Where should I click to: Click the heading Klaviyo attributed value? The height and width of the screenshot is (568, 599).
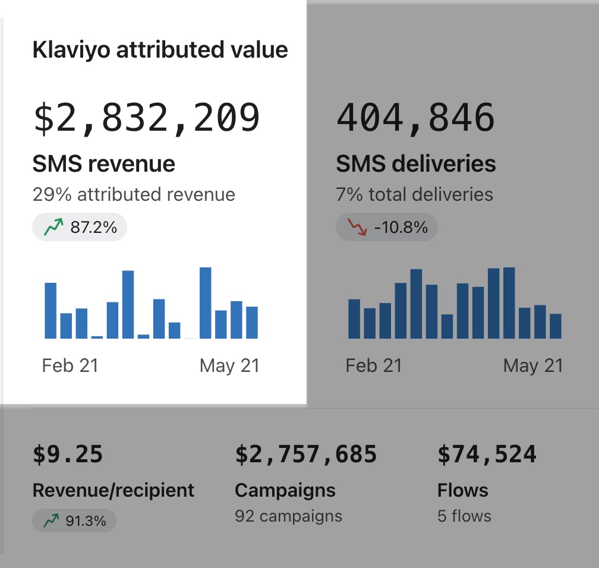pos(160,50)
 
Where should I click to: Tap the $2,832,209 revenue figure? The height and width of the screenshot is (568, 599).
pos(147,118)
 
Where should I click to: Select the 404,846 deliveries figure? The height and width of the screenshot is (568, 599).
pos(415,118)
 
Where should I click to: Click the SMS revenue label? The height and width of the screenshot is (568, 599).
pos(103,163)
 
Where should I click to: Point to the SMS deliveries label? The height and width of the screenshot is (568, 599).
pos(415,163)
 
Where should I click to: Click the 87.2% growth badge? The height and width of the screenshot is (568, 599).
pos(80,227)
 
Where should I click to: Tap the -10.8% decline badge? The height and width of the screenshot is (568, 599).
pos(386,227)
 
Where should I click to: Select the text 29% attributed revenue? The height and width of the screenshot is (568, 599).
pos(134,194)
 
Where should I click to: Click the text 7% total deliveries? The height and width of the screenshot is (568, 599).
pos(414,194)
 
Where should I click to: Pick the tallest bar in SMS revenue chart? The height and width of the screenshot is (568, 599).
pos(206,303)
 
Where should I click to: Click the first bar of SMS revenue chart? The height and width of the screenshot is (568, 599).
pos(51,311)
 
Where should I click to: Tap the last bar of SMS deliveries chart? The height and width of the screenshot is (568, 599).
pos(556,326)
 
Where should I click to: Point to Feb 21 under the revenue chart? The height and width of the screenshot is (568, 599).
pos(70,365)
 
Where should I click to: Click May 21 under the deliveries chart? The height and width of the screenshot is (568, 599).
pos(532,365)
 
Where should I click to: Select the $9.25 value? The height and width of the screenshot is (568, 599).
pos(68,455)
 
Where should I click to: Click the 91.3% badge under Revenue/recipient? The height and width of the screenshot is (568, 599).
pos(74,521)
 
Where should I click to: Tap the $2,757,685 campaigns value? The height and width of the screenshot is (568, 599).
pos(306,455)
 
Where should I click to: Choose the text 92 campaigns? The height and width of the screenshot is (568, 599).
pos(288,516)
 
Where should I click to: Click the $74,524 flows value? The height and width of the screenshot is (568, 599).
pos(487,455)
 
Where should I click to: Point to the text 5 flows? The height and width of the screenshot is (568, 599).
pos(464,516)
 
